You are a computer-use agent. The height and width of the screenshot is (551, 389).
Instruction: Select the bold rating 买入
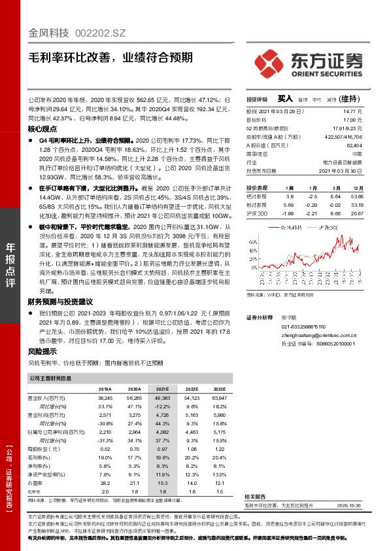coord(285,99)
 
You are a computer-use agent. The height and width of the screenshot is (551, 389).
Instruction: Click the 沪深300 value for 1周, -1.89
coord(290,213)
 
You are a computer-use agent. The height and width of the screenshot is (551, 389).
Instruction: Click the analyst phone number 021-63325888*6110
coord(303,325)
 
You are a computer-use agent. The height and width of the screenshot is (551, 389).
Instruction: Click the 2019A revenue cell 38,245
coord(105,398)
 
